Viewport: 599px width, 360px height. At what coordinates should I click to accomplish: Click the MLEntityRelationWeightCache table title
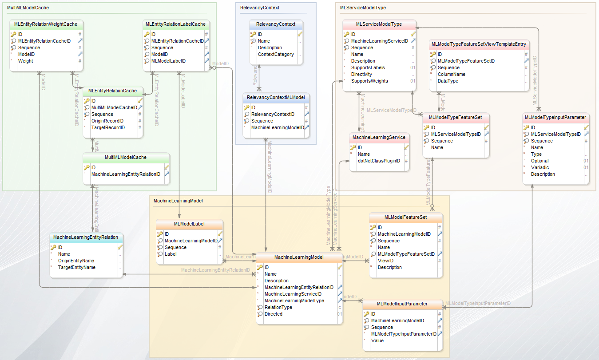pyautogui.click(x=46, y=24)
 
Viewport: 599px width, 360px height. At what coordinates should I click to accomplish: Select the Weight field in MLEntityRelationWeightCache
pyautogui.click(x=25, y=61)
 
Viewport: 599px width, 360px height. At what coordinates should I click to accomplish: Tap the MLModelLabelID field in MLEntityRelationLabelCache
pyautogui.click(x=168, y=61)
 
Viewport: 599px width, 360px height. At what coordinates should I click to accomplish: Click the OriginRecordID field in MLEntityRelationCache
pyautogui.click(x=107, y=121)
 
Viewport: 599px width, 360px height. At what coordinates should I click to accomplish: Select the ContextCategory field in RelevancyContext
pyautogui.click(x=276, y=55)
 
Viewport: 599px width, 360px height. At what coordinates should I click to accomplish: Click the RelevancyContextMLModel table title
pyautogui.click(x=275, y=97)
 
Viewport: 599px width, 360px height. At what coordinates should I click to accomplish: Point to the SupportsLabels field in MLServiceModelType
pyautogui.click(x=368, y=68)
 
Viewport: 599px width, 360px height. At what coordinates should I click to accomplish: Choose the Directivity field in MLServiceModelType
pyautogui.click(x=361, y=75)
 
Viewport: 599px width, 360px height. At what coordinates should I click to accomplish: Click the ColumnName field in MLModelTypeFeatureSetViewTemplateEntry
pyautogui.click(x=451, y=75)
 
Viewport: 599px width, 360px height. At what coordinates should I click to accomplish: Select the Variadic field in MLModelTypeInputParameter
pyautogui.click(x=539, y=168)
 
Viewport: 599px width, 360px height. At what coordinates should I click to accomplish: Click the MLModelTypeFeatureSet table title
pyautogui.click(x=456, y=118)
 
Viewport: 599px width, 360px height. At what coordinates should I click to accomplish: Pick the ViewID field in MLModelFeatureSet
pyautogui.click(x=385, y=261)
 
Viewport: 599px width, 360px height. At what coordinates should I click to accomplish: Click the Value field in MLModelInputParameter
pyautogui.click(x=377, y=341)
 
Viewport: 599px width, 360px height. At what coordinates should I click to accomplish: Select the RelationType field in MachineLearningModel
pyautogui.click(x=278, y=308)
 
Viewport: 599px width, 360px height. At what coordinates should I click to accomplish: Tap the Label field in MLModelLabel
pyautogui.click(x=171, y=254)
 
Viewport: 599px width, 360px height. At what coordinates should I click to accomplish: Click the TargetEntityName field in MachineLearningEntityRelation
pyautogui.click(x=76, y=268)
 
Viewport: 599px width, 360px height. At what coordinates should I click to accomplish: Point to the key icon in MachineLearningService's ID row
pyautogui.click(x=353, y=148)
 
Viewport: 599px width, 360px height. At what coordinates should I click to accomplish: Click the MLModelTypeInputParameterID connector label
pyautogui.click(x=478, y=304)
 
